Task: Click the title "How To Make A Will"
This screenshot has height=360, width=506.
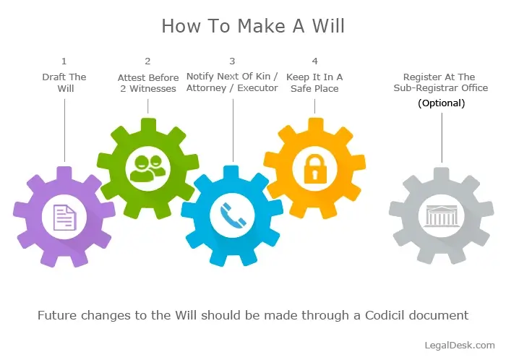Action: click(253, 26)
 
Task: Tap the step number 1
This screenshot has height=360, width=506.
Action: click(64, 61)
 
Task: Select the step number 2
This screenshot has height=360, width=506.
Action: click(147, 61)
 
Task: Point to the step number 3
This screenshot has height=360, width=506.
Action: click(232, 61)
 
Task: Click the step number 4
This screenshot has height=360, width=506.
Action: click(314, 61)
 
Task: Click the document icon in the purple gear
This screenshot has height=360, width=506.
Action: click(64, 216)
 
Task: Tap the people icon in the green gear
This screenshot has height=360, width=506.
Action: click(147, 168)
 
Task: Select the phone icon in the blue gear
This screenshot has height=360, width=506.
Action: click(232, 215)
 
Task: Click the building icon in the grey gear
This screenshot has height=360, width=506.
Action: click(441, 215)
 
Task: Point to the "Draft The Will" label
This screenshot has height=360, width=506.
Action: click(64, 82)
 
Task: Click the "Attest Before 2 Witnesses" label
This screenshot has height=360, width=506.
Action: click(147, 82)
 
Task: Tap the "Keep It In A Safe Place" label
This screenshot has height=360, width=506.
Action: click(314, 82)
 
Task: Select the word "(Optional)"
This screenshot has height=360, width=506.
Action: click(441, 103)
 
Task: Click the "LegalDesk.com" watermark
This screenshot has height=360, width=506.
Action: click(460, 346)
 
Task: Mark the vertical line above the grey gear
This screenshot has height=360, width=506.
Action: click(441, 138)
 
